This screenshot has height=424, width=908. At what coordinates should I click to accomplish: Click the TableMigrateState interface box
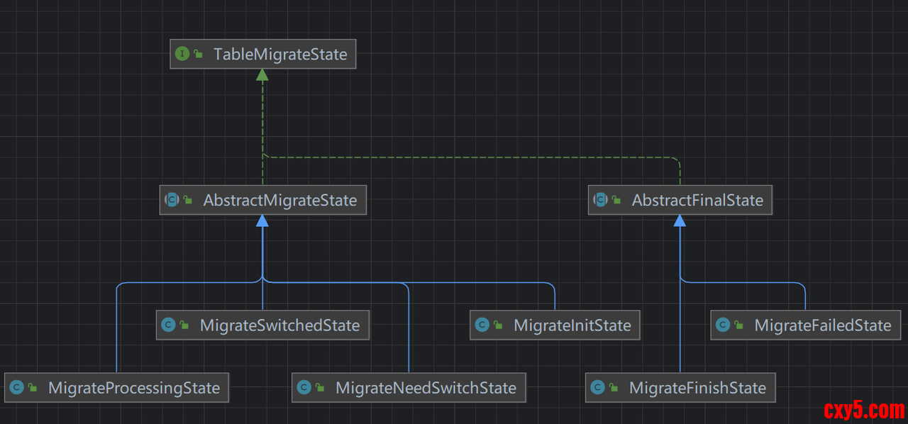(263, 54)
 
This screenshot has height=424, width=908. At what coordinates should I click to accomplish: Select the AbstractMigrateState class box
(262, 200)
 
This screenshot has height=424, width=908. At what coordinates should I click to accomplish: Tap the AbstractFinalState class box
(680, 200)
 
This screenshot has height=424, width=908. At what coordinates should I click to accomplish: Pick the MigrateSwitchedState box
(262, 325)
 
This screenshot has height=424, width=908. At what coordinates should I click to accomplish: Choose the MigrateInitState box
(555, 325)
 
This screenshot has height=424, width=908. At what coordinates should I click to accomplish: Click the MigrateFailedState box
(805, 325)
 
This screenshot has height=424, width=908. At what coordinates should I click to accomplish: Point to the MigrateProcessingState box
(116, 388)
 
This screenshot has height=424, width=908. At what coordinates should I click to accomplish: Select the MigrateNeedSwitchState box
(409, 388)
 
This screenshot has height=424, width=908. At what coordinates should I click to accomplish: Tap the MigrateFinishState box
(680, 388)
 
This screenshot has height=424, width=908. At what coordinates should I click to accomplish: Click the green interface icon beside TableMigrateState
(182, 54)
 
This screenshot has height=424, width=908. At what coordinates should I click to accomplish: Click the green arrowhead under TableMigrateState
(262, 74)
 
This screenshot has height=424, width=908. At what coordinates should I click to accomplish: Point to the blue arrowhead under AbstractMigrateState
(262, 221)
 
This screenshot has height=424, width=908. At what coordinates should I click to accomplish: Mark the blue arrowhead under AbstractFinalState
(680, 221)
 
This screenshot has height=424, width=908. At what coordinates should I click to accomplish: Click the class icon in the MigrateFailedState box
(723, 325)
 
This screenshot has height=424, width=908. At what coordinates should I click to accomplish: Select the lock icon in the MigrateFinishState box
(614, 388)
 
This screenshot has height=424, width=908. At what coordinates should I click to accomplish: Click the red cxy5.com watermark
(864, 410)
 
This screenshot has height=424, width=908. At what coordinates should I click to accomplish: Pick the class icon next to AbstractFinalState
(600, 200)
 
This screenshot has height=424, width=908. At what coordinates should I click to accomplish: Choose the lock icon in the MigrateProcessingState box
(33, 388)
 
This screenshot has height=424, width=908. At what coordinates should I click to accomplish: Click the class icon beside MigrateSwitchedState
(168, 325)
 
